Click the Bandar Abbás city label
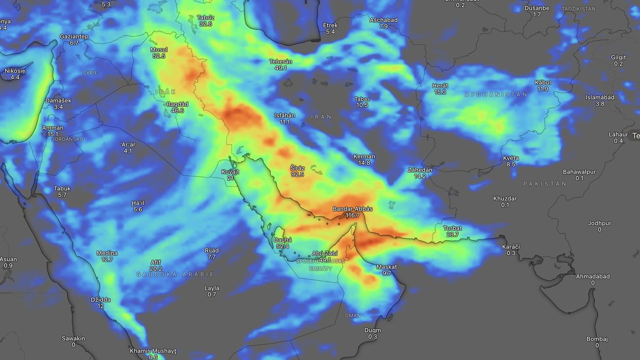pos(352,209)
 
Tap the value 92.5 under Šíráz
pos(297,174)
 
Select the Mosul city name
pos(158,50)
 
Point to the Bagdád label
pos(175,104)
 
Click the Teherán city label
pos(281,61)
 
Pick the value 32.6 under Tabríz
pos(205,24)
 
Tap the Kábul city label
pos(542,82)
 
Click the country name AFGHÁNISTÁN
pos(495,94)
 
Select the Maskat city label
pos(387,267)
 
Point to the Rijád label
pos(212,250)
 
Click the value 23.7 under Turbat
pos(452,235)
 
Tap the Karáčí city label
pos(511,246)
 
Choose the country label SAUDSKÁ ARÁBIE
pos(175,274)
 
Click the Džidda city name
pos(100,300)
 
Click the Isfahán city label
pos(284,115)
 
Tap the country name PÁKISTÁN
pos(544,183)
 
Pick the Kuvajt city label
pos(230,171)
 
